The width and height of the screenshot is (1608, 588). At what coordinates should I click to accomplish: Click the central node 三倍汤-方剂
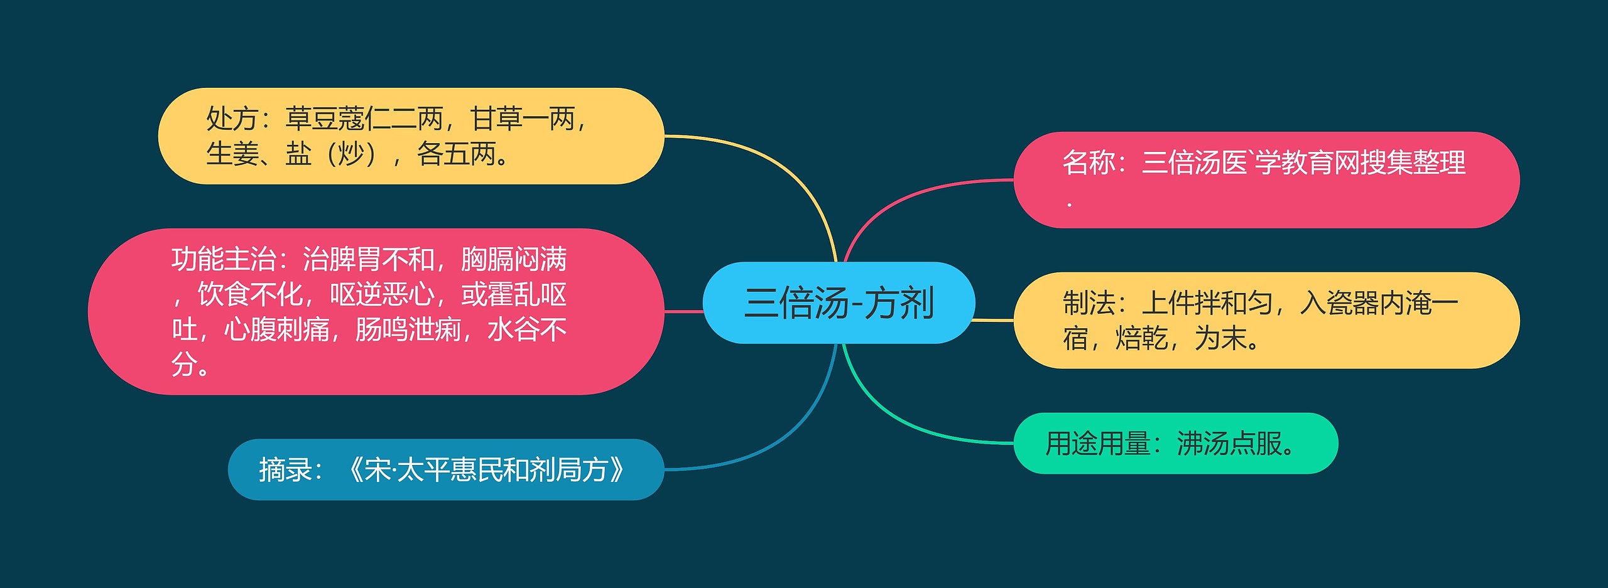point(839,302)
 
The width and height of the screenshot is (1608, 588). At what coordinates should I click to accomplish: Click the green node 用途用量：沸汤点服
point(1175,444)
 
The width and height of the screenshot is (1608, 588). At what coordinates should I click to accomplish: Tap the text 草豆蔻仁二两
point(364,119)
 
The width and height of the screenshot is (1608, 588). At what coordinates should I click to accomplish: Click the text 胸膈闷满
point(514,259)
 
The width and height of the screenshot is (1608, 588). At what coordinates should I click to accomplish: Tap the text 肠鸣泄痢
point(408,329)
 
